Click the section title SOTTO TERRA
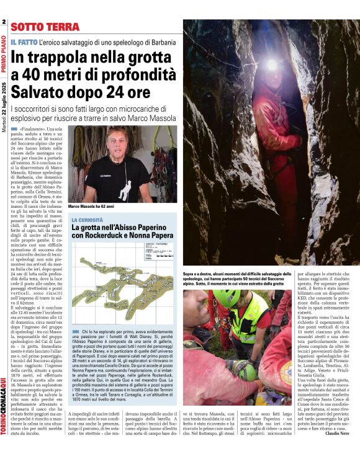point(45,27)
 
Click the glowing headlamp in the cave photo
point(271,64)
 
